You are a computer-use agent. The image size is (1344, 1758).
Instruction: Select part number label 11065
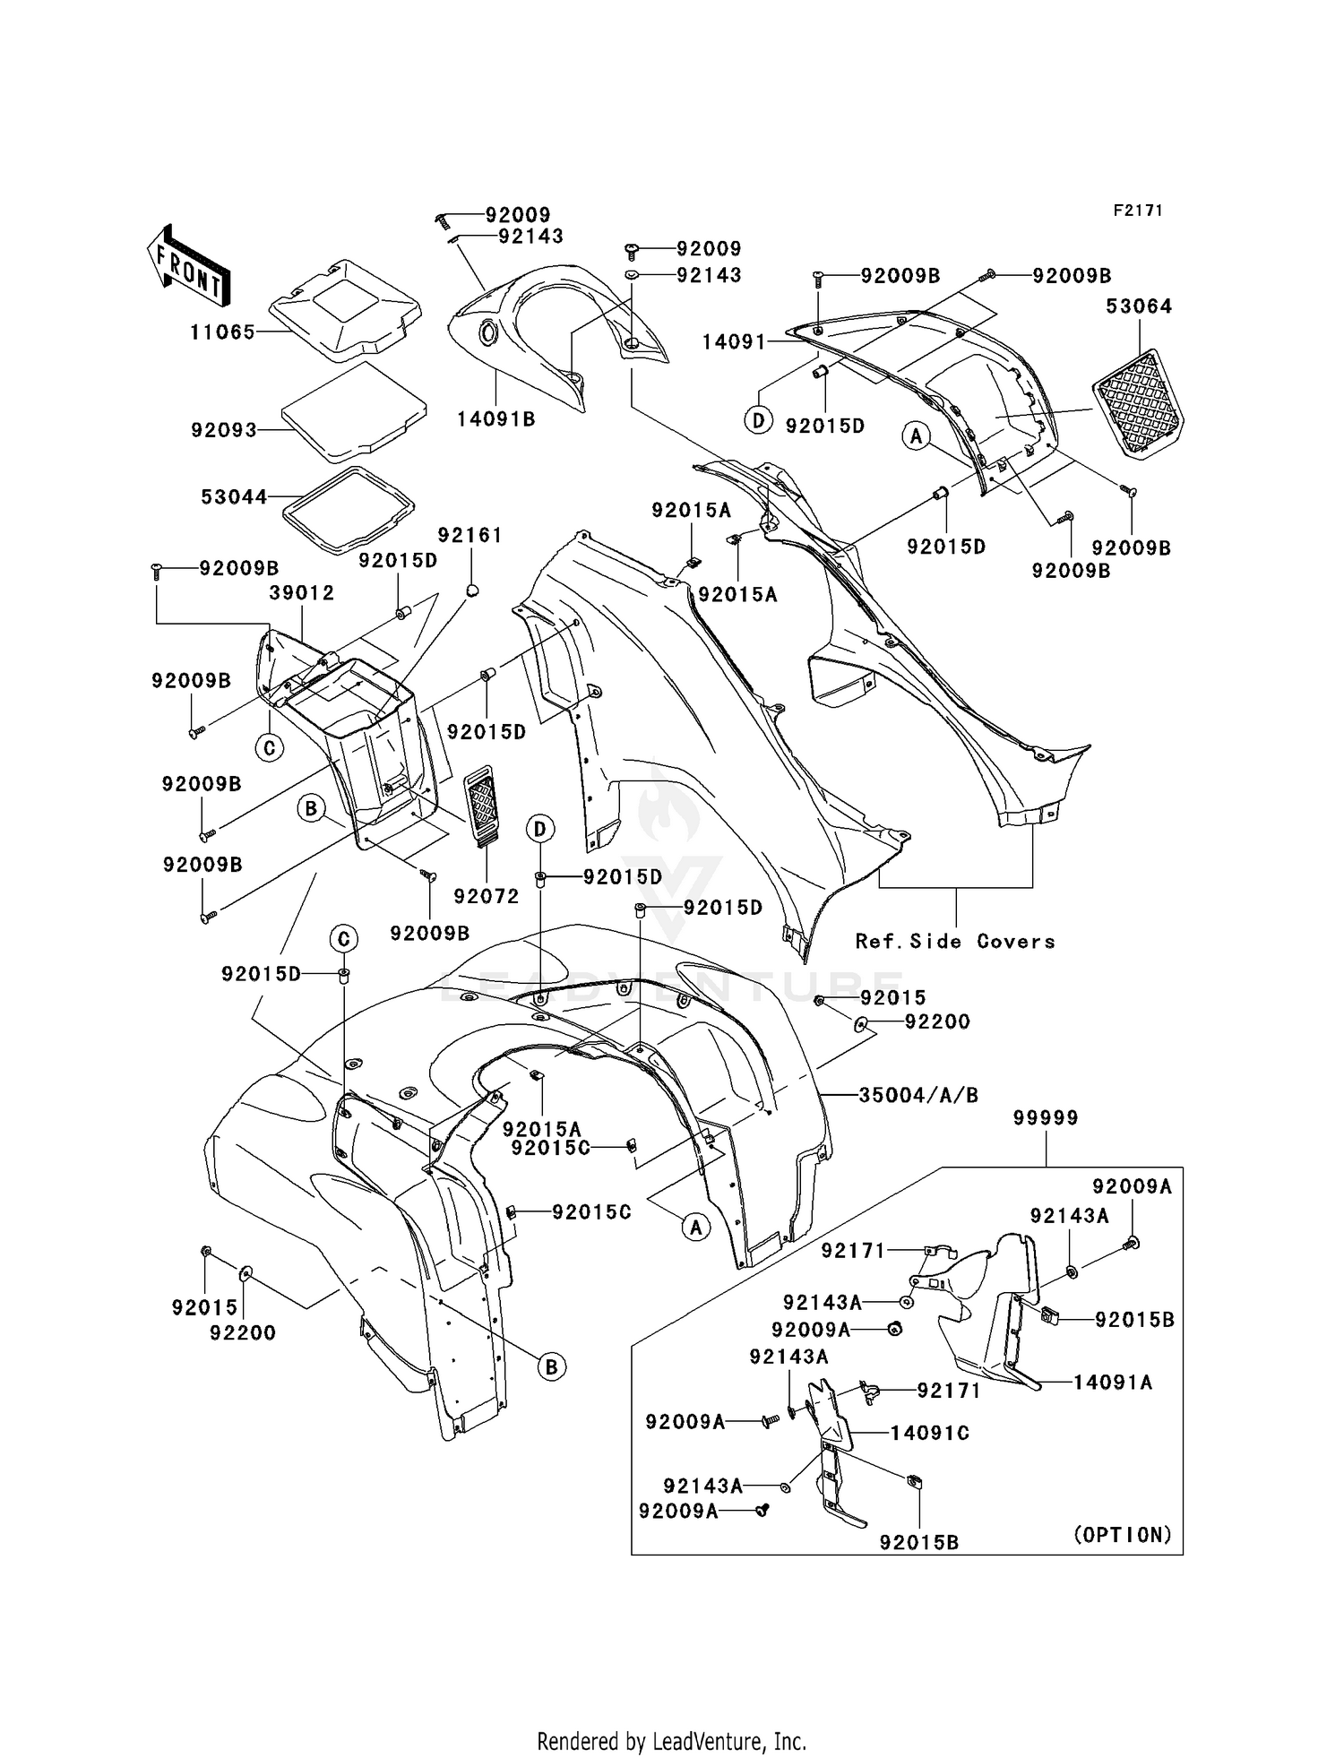click(222, 332)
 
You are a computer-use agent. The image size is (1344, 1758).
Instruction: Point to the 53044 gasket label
click(234, 496)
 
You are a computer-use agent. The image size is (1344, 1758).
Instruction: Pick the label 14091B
click(495, 419)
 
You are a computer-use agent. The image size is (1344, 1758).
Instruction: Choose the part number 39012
click(302, 592)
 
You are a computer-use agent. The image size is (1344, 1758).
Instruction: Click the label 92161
click(470, 535)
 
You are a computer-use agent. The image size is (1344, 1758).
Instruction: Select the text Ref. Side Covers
click(955, 941)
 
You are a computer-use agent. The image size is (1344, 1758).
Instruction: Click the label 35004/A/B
click(918, 1095)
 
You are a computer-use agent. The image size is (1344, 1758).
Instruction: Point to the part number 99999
click(1046, 1118)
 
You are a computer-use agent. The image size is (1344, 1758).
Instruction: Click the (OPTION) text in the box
click(1123, 1535)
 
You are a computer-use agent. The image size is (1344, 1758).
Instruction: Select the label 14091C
click(930, 1433)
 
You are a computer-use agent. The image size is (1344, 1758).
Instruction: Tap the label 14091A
click(1113, 1383)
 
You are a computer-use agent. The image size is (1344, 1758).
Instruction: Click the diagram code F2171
click(1138, 211)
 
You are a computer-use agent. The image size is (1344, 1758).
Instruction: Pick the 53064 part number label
click(1139, 306)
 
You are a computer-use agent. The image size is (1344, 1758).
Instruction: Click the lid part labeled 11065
click(345, 310)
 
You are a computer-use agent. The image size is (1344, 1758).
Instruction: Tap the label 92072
click(487, 896)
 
